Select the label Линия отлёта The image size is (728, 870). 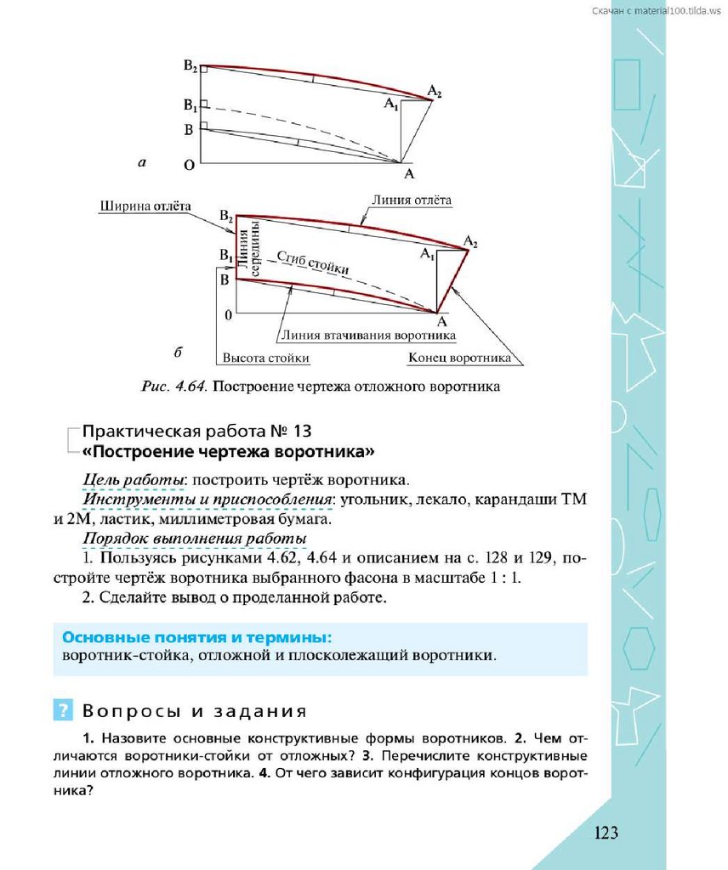click(x=411, y=201)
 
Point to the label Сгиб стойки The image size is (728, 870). click(x=313, y=262)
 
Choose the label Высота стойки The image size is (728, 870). click(x=264, y=358)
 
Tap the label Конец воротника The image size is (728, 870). click(x=459, y=358)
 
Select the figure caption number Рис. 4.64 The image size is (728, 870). click(x=173, y=387)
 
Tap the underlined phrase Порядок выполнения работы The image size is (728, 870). click(x=195, y=540)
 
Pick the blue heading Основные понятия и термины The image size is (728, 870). click(x=196, y=637)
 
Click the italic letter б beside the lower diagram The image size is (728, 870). click(x=175, y=350)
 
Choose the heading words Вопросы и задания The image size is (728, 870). click(x=194, y=710)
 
